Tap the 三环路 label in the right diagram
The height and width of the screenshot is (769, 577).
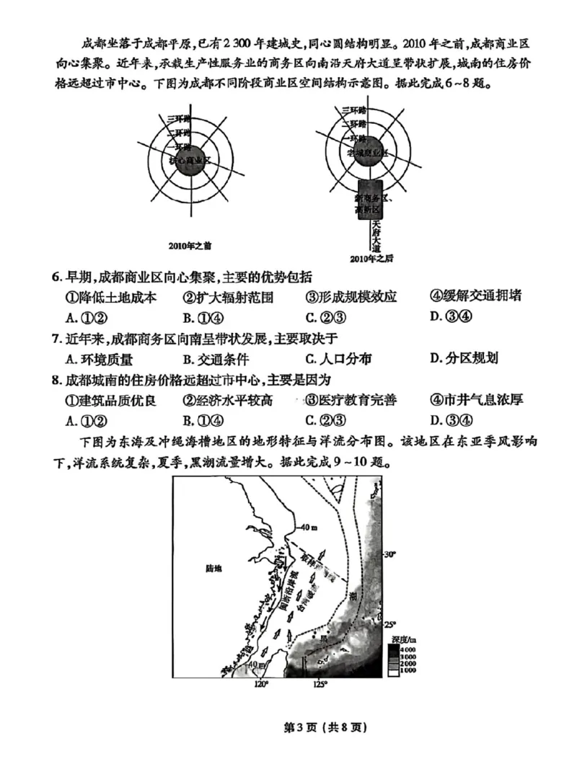click(353, 110)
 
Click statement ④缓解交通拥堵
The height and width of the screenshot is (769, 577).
click(475, 296)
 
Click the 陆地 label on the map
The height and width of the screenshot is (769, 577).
click(213, 569)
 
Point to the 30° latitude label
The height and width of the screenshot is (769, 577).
click(389, 554)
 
